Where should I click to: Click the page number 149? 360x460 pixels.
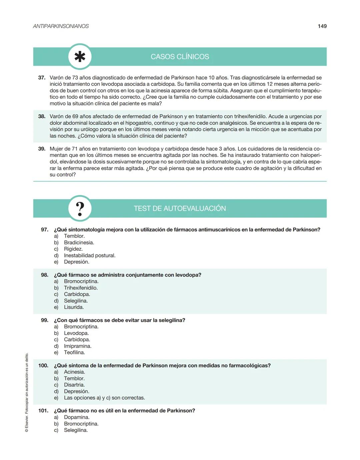point(322,26)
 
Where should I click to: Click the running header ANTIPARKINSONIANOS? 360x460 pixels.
point(61,26)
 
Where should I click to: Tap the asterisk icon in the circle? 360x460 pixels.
point(80,57)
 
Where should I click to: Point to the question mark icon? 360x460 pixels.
point(80,209)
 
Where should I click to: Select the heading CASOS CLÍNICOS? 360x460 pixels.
point(180,57)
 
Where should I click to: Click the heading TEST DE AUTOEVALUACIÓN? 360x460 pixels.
point(180,208)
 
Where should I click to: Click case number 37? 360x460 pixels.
point(42,78)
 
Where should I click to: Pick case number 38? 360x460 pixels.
point(42,116)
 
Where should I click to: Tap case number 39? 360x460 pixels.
point(42,149)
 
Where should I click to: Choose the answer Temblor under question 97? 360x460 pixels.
point(74,236)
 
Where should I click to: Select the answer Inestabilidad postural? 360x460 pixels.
point(90,255)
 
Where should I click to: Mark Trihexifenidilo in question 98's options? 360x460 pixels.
point(81,288)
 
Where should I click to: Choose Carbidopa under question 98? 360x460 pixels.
point(77,294)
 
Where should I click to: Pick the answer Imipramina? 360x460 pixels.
point(78,346)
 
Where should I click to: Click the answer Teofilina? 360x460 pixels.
point(74,352)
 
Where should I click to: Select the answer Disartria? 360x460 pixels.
point(74,385)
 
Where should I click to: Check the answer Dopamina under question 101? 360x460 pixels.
point(77,417)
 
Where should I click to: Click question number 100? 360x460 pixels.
point(43,365)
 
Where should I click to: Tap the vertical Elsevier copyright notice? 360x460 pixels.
point(27,392)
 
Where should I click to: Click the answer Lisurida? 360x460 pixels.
point(74,307)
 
